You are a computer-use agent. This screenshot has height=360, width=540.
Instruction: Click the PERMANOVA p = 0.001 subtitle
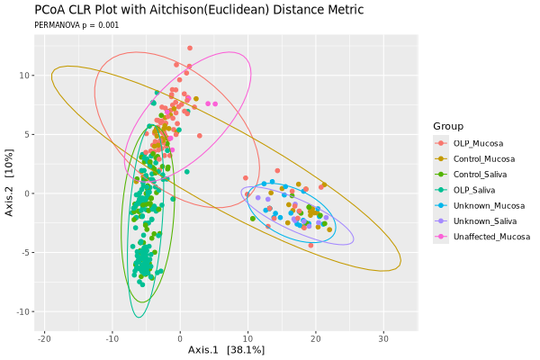click(x=76, y=25)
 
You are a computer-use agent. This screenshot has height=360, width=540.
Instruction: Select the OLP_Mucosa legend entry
click(x=478, y=143)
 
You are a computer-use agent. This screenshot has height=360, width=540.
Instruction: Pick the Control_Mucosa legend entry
click(x=482, y=158)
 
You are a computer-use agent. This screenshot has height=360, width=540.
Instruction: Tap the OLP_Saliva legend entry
click(x=475, y=190)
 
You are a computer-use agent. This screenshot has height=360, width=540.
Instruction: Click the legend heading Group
click(x=447, y=125)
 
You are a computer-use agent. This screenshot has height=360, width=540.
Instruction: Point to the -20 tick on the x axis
click(x=44, y=337)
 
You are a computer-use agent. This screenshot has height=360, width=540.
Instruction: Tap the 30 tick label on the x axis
click(x=383, y=337)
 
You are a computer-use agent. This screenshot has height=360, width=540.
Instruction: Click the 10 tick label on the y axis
click(x=25, y=76)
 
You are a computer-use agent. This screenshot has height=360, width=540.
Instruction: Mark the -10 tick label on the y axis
click(x=23, y=311)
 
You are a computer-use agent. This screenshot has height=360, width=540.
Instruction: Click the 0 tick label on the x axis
click(x=180, y=337)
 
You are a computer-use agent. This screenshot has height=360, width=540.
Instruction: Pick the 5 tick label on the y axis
click(x=28, y=134)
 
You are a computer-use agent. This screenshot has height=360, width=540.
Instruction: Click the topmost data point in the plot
click(x=190, y=48)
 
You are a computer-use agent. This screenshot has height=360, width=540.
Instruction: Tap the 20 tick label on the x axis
click(x=316, y=337)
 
